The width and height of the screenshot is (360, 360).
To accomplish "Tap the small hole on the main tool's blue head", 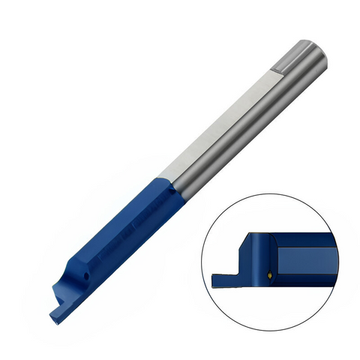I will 86,275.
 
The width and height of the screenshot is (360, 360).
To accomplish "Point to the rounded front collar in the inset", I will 262,259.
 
